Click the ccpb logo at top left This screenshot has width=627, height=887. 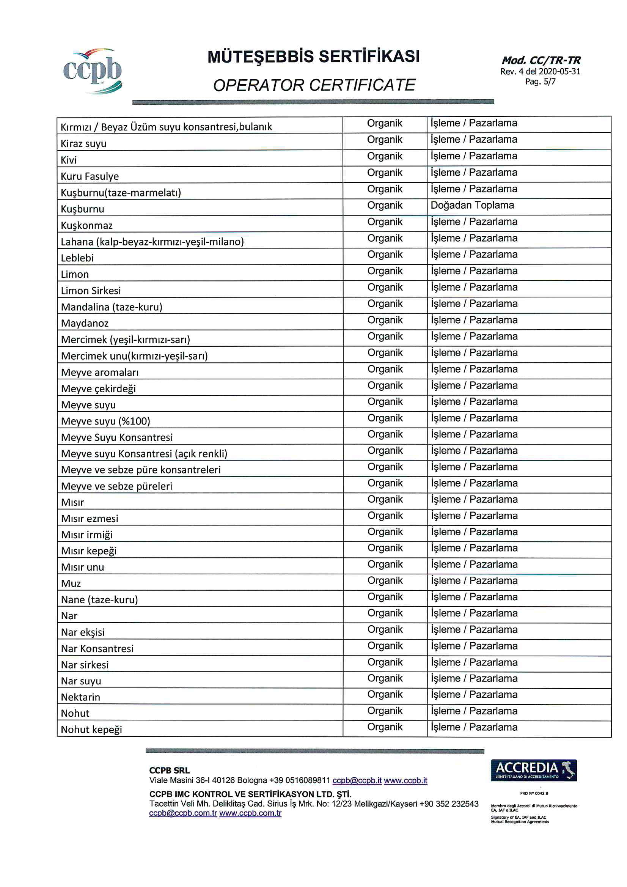93,71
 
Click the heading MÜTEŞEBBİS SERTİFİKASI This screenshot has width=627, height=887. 313,57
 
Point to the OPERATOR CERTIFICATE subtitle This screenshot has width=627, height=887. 314,85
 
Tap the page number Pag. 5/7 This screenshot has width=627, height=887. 540,82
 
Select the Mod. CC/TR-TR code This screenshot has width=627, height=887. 541,60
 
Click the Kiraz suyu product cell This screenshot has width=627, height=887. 83,144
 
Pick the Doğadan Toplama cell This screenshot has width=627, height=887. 472,205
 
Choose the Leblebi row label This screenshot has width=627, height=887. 77,258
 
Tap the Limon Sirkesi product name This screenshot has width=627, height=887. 91,291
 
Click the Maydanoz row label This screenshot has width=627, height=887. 85,323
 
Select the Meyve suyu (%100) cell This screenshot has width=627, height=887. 105,421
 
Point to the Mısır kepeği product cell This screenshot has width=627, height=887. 88,551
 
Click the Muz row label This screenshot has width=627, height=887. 71,583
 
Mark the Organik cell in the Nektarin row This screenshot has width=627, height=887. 385,695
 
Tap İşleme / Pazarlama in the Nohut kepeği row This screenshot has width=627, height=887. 474,727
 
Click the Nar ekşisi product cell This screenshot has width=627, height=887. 83,632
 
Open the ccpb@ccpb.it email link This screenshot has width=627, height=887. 357,780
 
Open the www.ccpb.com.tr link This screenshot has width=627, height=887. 250,813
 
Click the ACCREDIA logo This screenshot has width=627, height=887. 534,770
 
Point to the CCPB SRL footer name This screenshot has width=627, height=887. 169,770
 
